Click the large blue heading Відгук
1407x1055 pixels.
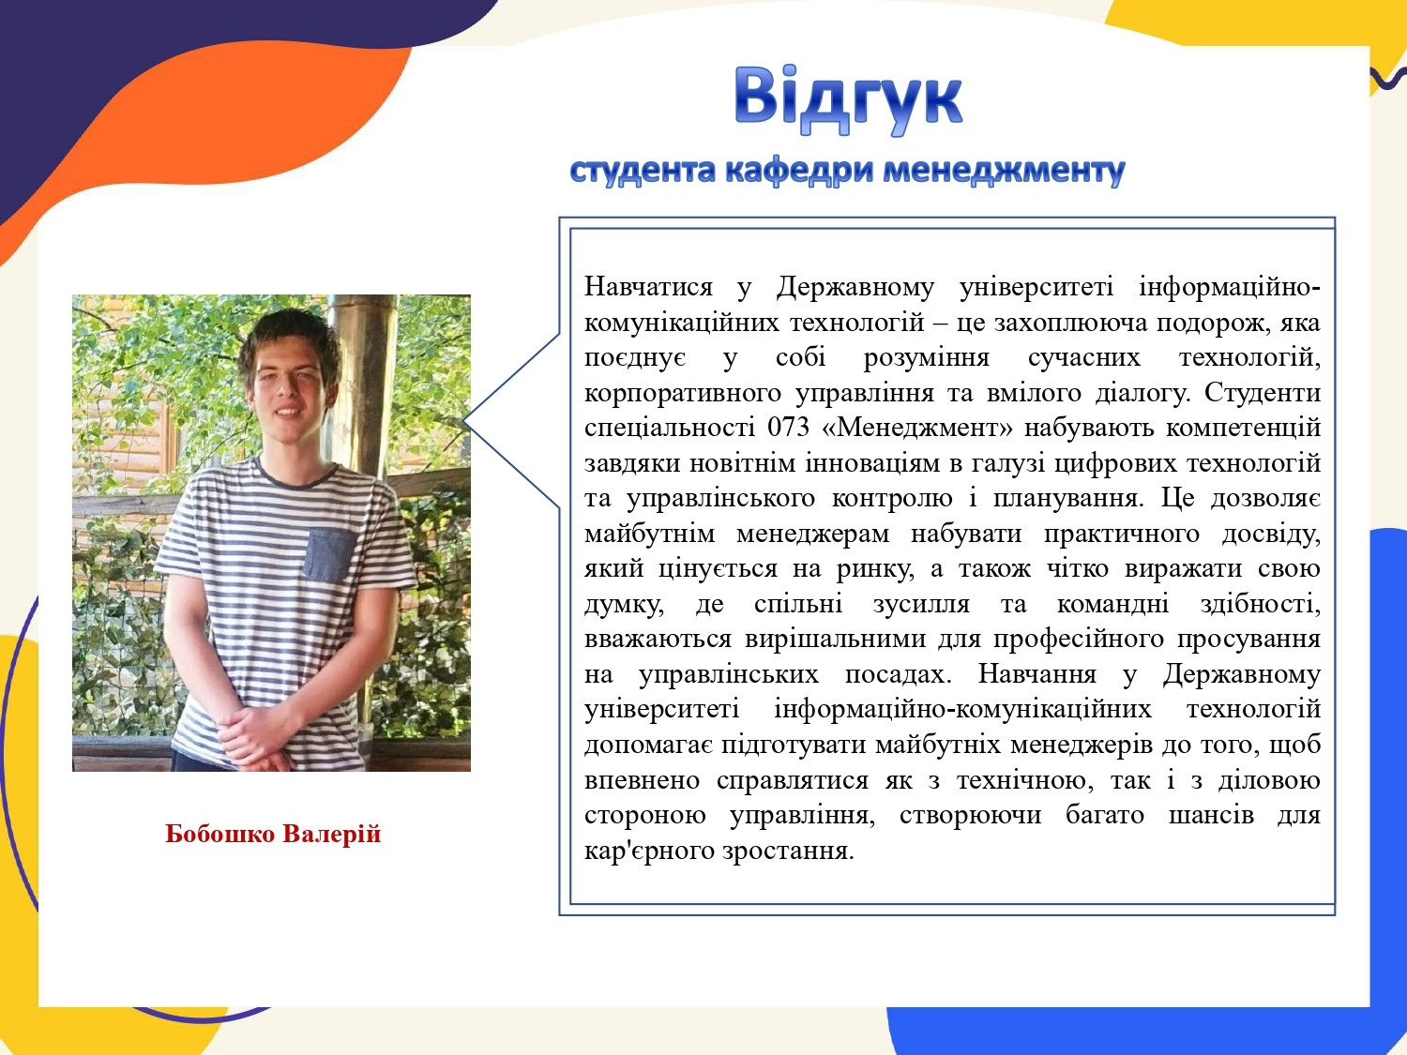848,100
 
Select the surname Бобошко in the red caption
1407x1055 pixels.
219,834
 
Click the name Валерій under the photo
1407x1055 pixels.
332,834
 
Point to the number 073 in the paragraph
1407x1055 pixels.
788,428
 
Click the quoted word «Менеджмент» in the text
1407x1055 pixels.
916,428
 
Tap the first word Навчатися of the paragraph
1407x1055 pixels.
648,286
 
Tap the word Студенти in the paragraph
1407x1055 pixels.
1263,392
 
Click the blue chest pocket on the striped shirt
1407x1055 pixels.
329,555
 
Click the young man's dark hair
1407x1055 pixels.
289,339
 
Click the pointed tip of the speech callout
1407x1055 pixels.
462,421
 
